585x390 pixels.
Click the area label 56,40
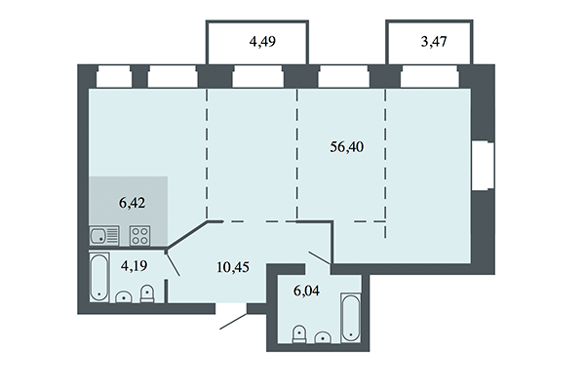pyautogui.click(x=347, y=146)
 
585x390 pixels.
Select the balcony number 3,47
pyautogui.click(x=435, y=41)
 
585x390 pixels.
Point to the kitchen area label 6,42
pyautogui.click(x=132, y=205)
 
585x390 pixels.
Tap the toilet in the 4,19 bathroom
pyautogui.click(x=146, y=292)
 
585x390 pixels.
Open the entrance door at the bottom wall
pyautogui.click(x=234, y=319)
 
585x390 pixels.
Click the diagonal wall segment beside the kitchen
pyautogui.click(x=190, y=236)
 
